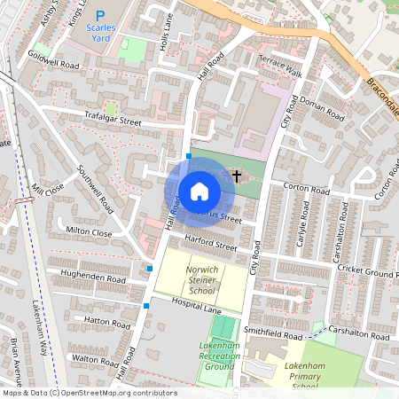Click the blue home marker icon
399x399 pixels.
point(199,191)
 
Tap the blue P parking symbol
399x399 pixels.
point(99,15)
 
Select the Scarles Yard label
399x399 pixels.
point(105,33)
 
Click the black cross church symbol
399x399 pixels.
point(237,176)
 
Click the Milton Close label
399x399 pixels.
point(89,232)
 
